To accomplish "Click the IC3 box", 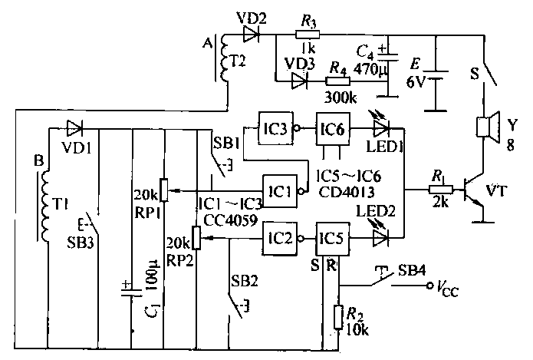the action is pos(275,129).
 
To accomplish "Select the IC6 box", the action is pos(333,129).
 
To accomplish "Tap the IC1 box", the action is pos(280,191).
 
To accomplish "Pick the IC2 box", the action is pos(280,239).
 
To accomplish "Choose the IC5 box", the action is pos(332,239).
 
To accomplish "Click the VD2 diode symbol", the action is pos(252,35).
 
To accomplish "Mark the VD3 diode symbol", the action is pos(299,81).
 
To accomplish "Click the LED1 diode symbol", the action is pos(381,129).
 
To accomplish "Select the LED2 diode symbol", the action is pos(380,238).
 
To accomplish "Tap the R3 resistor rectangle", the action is pos(308,35).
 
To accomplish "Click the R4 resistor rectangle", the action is pos(338,81).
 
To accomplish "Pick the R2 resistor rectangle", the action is pos(338,317).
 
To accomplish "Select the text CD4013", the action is pos(347,192).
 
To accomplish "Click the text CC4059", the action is pos(231,221).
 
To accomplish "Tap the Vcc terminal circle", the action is pos(431,285).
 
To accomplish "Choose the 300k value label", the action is pos(341,98).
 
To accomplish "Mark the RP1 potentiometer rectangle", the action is pos(164,190).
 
